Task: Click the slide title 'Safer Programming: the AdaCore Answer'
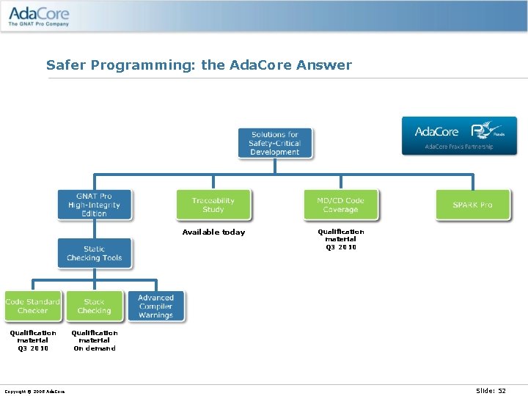click(199, 65)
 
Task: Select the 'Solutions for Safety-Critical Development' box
click(275, 143)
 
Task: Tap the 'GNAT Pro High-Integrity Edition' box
click(95, 205)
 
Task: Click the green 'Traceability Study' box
click(213, 205)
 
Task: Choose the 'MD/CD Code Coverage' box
click(341, 205)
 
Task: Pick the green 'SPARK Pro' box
click(472, 205)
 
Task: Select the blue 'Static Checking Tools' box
click(95, 253)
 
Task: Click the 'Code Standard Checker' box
click(32, 306)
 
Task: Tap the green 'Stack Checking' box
click(94, 306)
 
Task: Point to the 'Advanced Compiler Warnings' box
click(156, 306)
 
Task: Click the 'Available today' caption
click(213, 232)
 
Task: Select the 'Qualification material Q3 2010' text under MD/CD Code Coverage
click(341, 239)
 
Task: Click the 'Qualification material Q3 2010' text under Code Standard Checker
click(33, 340)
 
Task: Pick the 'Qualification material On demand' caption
click(95, 340)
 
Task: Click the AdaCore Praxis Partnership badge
click(459, 136)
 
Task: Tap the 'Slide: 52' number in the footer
click(491, 390)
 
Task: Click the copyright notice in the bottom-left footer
click(34, 391)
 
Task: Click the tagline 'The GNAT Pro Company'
click(39, 24)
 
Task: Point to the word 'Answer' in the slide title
click(324, 65)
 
